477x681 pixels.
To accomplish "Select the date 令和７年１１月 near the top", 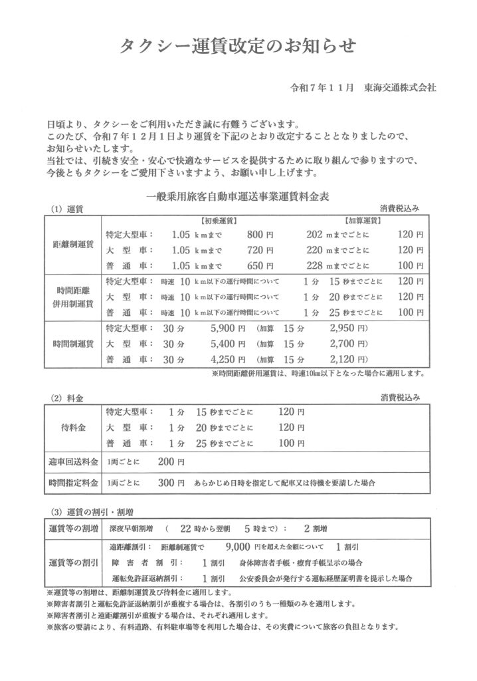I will (x=318, y=88).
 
